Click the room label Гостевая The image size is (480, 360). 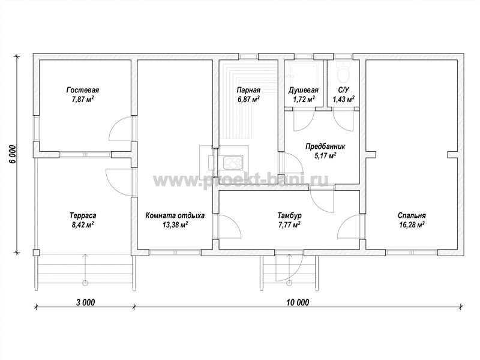tap(83, 91)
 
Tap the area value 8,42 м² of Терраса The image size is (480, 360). tap(83, 225)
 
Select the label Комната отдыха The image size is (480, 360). tap(175, 215)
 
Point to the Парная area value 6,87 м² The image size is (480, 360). tap(248, 100)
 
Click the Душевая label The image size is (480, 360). tap(304, 91)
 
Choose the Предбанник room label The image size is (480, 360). tap(325, 146)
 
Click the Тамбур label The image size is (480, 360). tap(289, 215)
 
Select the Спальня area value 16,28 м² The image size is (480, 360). tap(412, 225)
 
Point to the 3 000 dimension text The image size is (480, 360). tap(85, 302)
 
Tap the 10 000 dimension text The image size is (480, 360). tap(298, 302)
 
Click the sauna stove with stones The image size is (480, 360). tap(233, 163)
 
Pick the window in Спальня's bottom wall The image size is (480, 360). tap(412, 253)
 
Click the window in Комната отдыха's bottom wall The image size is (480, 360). tap(175, 253)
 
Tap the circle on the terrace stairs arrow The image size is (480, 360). tap(85, 282)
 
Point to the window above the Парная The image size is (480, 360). tap(248, 56)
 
